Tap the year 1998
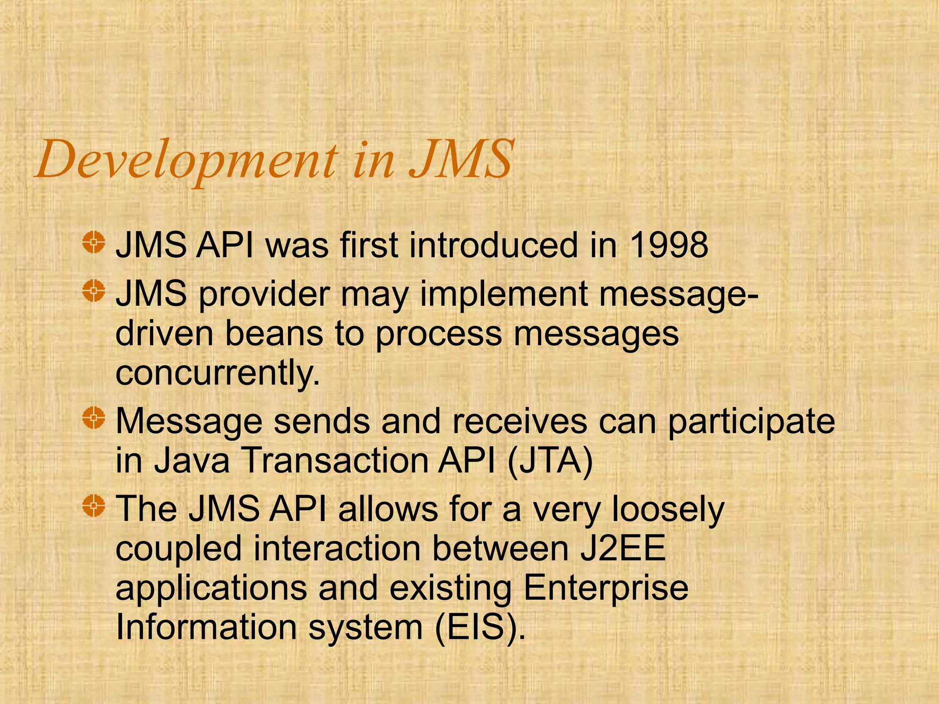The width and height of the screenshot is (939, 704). click(x=669, y=245)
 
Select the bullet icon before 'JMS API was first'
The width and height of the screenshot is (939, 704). click(x=94, y=242)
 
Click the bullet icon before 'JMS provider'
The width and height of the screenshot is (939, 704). click(x=94, y=291)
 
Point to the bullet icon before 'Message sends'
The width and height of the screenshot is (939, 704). click(x=94, y=418)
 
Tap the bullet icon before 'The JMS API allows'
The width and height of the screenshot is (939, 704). click(x=94, y=506)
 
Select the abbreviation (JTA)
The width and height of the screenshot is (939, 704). click(x=550, y=460)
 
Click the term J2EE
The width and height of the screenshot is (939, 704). click(x=623, y=548)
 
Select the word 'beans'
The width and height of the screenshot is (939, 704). click(x=274, y=334)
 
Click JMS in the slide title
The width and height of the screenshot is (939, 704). click(x=460, y=159)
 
